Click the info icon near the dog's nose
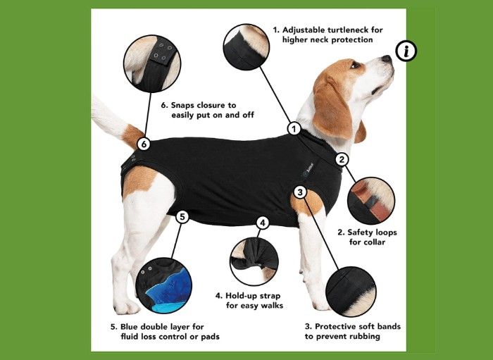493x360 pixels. [406, 51]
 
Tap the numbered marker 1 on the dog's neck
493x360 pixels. [294, 129]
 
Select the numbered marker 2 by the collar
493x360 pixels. [342, 159]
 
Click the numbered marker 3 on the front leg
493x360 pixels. [300, 192]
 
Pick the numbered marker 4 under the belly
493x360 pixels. [262, 223]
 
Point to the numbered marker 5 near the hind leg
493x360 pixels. [182, 216]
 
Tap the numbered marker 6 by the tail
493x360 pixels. [144, 144]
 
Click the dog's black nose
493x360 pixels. [387, 58]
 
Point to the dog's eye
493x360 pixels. [355, 65]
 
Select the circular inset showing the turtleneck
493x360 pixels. [246, 46]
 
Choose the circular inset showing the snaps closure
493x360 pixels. [152, 63]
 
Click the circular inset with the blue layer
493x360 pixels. [164, 285]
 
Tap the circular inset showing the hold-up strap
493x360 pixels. [254, 261]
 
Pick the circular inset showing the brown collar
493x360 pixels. [371, 201]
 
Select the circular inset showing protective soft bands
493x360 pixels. [351, 292]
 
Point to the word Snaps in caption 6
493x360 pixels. [182, 106]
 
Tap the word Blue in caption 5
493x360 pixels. [129, 327]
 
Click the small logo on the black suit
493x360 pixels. [308, 169]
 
